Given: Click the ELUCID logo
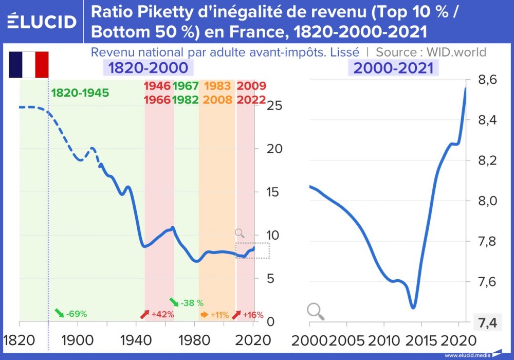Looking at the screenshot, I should (x=42, y=21).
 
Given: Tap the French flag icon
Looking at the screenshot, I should (x=29, y=64).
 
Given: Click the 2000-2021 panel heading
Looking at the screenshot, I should (x=391, y=67).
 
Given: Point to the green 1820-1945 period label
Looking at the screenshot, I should (x=80, y=93).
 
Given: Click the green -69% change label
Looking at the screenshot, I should (x=71, y=314).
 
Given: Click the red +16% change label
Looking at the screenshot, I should (x=248, y=314).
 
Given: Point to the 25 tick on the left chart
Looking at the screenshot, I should (x=276, y=105).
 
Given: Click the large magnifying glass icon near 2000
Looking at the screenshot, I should (x=316, y=311).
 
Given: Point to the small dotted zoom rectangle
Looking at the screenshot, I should (x=253, y=250).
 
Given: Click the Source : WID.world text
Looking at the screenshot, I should (x=431, y=52).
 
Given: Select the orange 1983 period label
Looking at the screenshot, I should (x=217, y=86).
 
